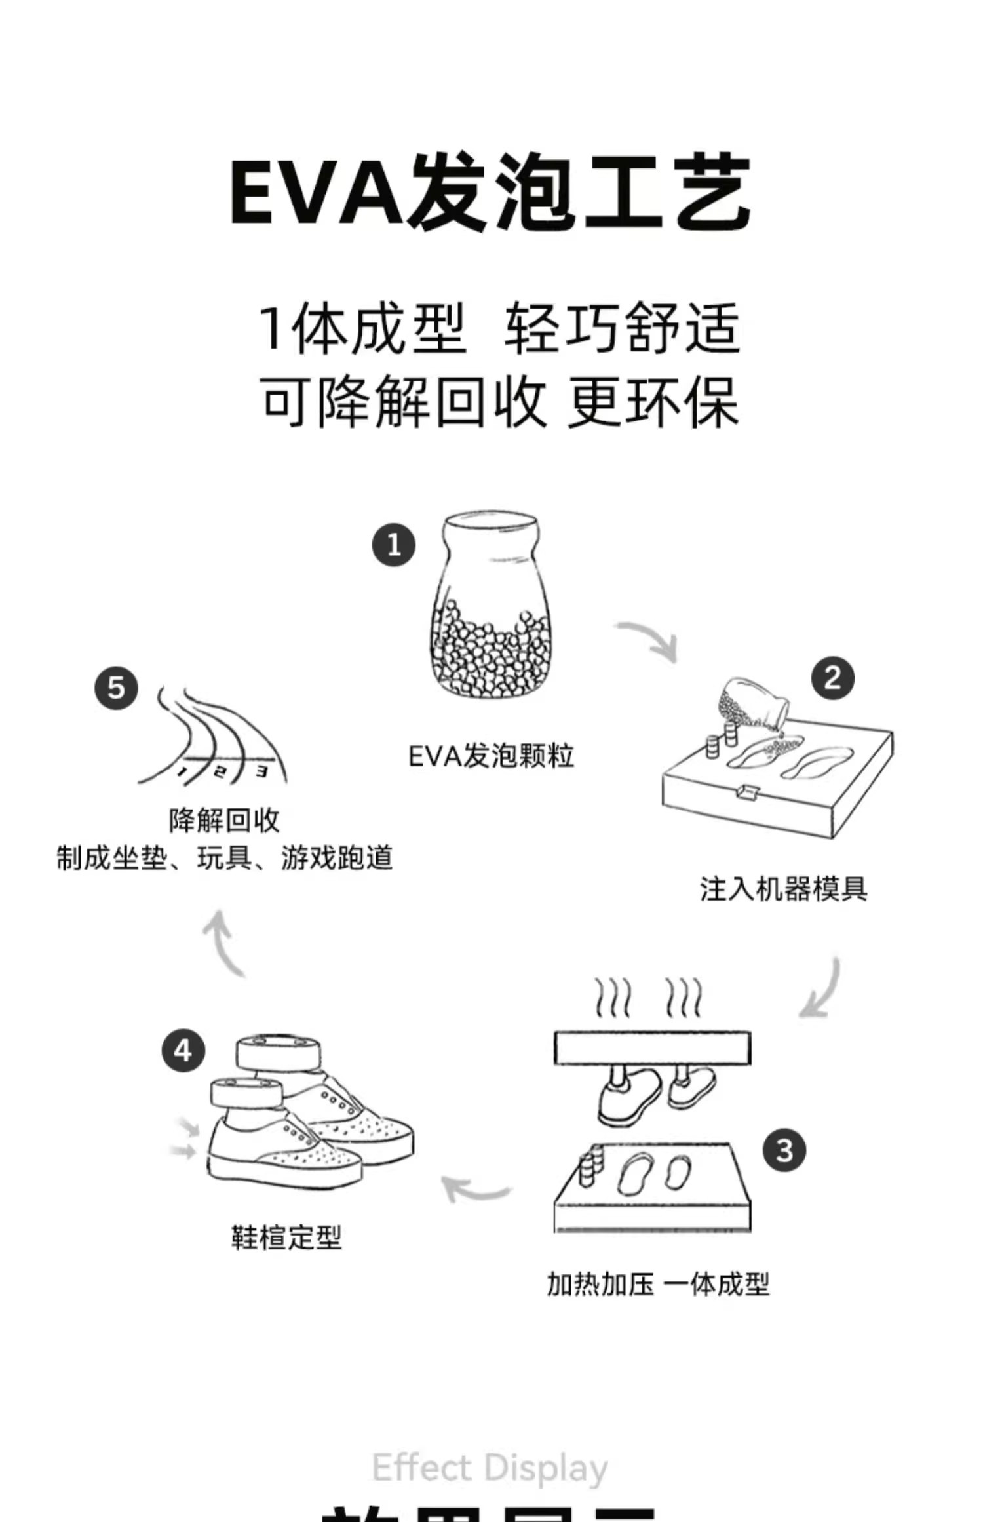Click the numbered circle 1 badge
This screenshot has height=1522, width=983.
[x=394, y=545]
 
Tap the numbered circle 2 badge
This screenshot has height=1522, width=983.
[x=832, y=678]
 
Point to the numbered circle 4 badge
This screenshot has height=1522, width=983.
[x=183, y=1051]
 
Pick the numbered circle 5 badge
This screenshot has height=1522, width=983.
[x=116, y=688]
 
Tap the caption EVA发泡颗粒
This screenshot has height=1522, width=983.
[x=491, y=756]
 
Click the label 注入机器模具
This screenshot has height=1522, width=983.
[x=784, y=889]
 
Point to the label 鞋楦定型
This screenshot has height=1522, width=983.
[x=286, y=1238]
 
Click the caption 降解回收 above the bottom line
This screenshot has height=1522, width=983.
[x=224, y=821]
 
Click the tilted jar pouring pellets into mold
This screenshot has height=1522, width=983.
[x=752, y=704]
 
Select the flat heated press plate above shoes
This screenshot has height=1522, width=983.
[x=652, y=1048]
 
